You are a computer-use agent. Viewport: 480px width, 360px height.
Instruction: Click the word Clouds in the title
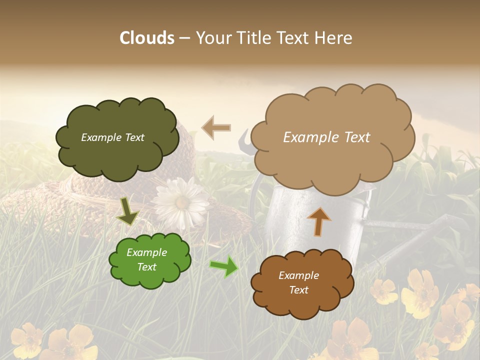click(146, 38)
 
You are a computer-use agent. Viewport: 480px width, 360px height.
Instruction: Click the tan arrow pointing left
click(216, 127)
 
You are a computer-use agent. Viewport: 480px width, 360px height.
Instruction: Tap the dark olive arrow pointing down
click(127, 211)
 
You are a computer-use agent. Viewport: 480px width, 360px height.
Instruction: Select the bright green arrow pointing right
click(224, 266)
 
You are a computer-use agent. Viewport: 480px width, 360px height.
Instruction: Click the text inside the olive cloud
click(112, 137)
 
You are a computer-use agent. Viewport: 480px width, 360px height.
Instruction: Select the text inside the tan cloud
click(326, 137)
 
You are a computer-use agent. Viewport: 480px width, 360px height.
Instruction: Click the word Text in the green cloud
click(147, 267)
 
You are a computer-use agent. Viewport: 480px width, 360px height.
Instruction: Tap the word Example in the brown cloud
click(298, 275)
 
